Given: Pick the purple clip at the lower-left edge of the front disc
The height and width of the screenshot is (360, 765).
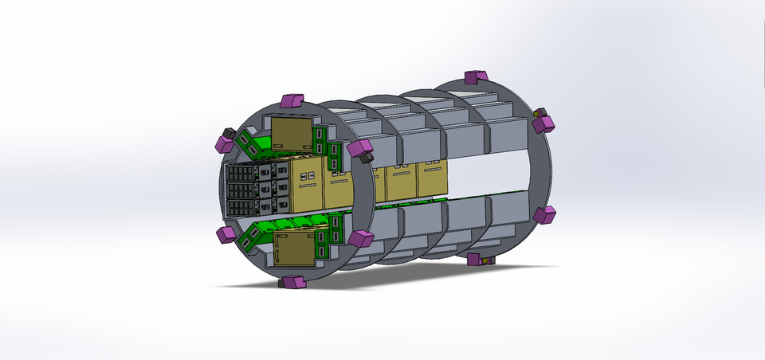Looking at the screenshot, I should point(226,234).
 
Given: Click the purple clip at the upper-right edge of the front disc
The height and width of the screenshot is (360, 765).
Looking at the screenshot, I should point(359,148).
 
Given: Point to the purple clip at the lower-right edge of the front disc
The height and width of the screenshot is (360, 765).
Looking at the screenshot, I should point(361,238).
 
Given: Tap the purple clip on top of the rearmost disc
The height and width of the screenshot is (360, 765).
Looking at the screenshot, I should point(475,76).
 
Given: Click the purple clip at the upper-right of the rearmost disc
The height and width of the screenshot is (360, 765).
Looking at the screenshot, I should point(544,123).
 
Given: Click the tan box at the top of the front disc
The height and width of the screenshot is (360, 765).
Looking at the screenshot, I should point(292,132).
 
